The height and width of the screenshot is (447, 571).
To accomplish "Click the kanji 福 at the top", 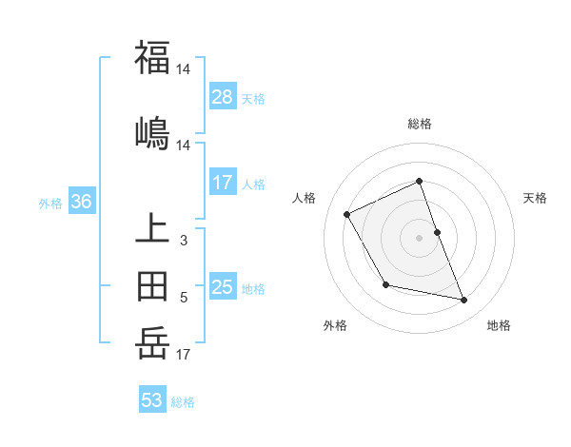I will [152, 57].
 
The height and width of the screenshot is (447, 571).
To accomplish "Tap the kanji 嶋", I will [152, 132].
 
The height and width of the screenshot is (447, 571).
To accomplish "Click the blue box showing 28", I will [223, 96].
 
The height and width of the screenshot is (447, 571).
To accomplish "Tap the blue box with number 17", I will [223, 183].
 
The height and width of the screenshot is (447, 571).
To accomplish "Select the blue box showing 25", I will [223, 287].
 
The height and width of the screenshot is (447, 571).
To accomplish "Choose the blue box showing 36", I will [81, 202].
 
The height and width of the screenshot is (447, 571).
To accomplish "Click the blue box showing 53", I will [152, 400].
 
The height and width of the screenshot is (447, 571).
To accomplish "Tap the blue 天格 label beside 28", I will [253, 98].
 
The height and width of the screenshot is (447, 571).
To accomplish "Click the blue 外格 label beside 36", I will [50, 203].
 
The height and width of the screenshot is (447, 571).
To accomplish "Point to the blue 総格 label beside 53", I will [183, 402].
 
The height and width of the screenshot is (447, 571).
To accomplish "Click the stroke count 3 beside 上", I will [184, 241].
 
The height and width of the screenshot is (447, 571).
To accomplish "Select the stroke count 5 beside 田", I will [184, 298].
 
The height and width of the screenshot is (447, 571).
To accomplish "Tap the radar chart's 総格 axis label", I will [420, 124].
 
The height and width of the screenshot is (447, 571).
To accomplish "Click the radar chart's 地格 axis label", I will [499, 325].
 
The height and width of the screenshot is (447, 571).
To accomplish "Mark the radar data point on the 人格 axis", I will [347, 214].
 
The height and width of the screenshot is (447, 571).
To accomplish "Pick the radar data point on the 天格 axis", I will [437, 232].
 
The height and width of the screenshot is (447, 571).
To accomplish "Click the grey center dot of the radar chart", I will [420, 238].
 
